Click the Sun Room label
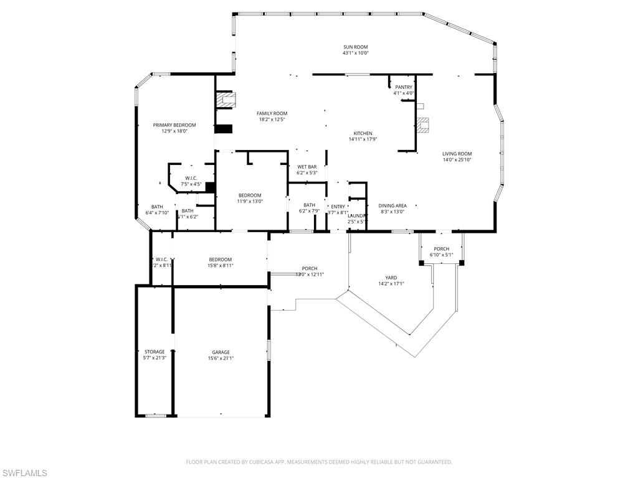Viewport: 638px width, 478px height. [x=355, y=47]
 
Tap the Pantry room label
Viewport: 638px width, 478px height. [x=403, y=87]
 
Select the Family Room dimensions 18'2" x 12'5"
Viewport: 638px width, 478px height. [x=272, y=119]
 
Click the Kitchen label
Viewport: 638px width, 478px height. [x=363, y=133]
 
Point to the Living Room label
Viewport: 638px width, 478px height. [x=457, y=154]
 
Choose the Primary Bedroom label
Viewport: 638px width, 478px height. [x=174, y=125]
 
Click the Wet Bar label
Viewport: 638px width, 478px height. [x=307, y=167]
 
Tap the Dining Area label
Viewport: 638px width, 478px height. [x=393, y=205]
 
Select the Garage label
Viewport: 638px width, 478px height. [x=221, y=352]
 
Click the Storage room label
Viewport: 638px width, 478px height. [x=155, y=352]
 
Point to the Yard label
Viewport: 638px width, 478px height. [x=391, y=278]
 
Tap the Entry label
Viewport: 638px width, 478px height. [x=338, y=207]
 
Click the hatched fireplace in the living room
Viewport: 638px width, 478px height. [x=424, y=125]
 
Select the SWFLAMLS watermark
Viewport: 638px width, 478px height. [x=24, y=473]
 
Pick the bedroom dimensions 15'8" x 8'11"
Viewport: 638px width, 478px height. [x=220, y=266]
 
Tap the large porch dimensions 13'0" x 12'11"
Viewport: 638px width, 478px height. [x=310, y=274]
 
